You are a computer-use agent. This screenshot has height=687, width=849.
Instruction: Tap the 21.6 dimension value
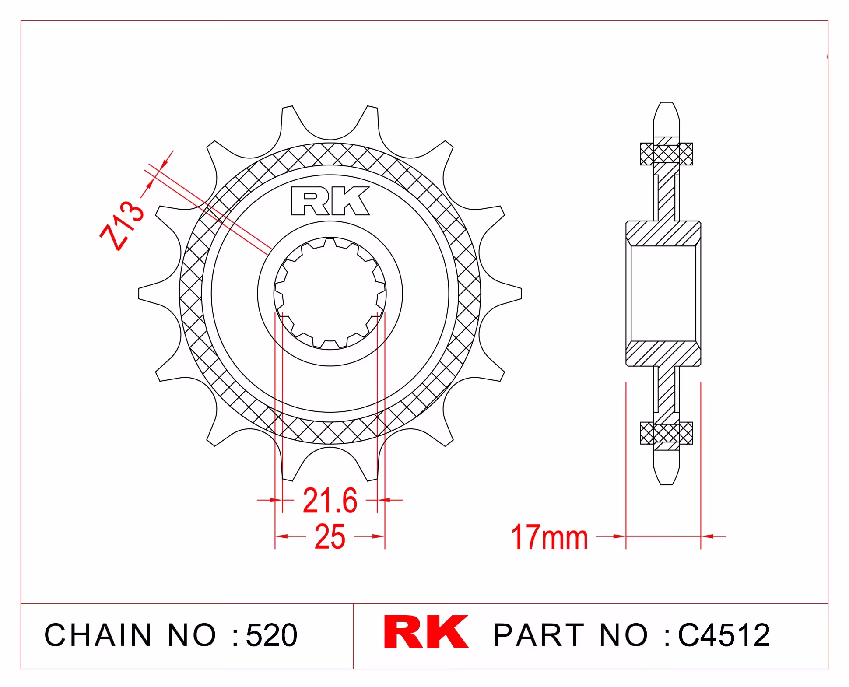(330, 501)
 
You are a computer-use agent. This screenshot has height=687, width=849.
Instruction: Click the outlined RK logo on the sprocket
(330, 201)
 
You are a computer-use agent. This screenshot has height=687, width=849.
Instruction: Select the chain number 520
(271, 635)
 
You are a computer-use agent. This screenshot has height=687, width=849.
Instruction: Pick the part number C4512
(724, 635)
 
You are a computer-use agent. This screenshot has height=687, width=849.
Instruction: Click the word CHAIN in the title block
(98, 635)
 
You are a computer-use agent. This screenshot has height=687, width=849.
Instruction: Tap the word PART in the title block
(538, 635)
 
